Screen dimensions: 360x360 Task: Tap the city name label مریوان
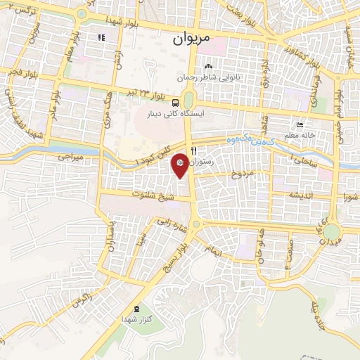191,39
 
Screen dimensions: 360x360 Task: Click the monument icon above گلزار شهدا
136,308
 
